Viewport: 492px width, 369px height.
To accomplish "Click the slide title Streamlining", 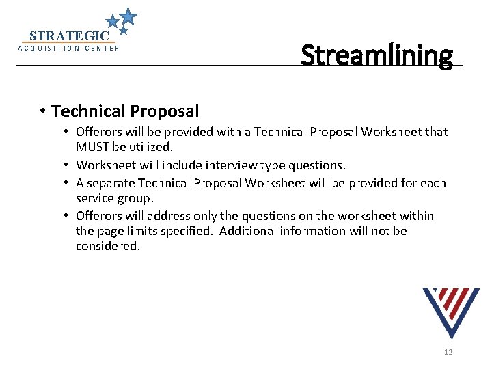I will click(377, 55).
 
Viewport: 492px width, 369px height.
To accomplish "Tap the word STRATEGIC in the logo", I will click(69, 36).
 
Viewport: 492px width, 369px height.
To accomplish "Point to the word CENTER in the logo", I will click(102, 49).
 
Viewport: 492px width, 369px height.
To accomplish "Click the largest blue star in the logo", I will click(128, 15).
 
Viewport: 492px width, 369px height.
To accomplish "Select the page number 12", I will click(448, 352).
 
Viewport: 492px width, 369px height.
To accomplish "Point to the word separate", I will click(111, 183).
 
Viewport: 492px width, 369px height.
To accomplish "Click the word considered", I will click(107, 246).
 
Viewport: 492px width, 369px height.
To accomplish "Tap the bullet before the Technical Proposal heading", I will click(42, 111).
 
